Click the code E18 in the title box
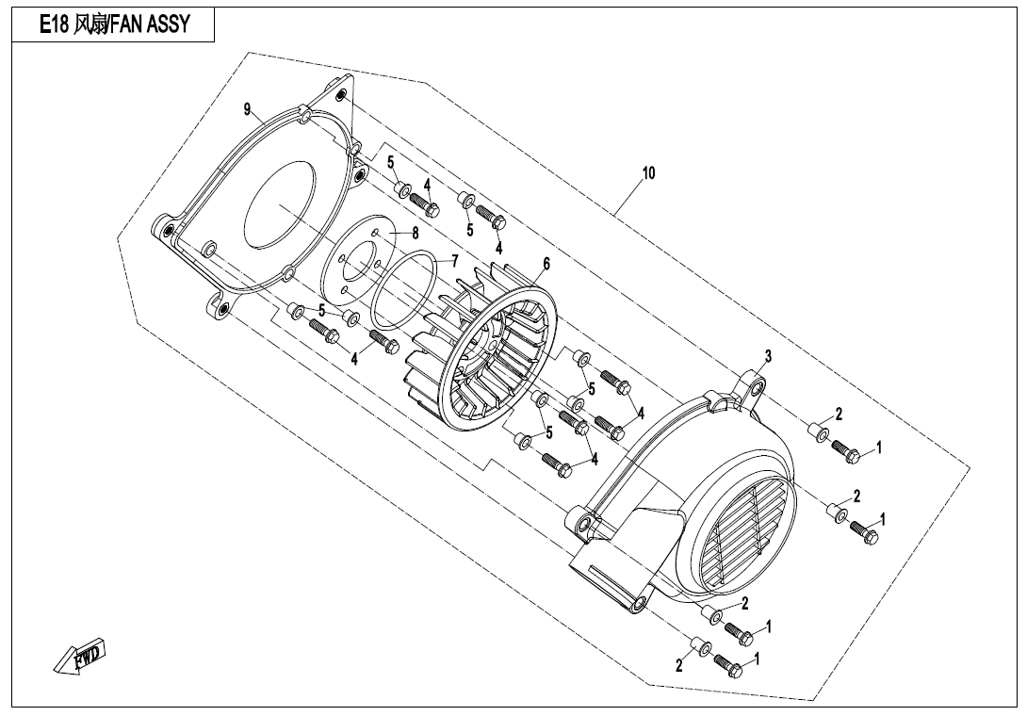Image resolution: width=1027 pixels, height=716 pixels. pos(55,25)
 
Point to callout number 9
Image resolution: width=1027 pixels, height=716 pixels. pos(248,110)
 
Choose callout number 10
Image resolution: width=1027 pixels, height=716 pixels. pos(648,173)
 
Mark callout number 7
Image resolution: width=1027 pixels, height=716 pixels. pos(454,260)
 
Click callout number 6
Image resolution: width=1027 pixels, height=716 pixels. pos(546,266)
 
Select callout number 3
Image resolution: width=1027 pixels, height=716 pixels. pos(768,356)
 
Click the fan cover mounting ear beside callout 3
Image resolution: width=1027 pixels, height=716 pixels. pos(754,385)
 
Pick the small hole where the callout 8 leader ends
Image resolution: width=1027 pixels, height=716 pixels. pos(374,231)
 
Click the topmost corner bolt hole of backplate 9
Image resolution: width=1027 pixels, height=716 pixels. pos(341,96)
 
